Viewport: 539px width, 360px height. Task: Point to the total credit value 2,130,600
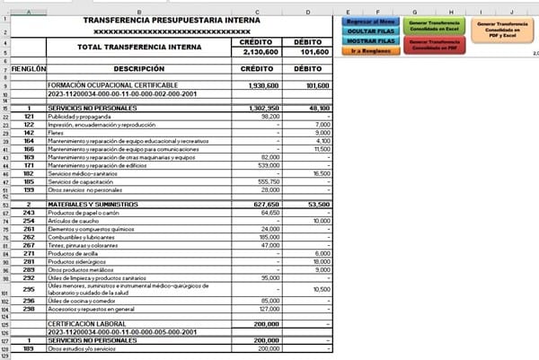264,52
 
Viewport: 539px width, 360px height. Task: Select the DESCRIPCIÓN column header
140,68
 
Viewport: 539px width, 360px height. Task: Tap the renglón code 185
29,181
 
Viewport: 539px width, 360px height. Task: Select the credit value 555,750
269,181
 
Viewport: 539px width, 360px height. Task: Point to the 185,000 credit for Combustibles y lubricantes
269,236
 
